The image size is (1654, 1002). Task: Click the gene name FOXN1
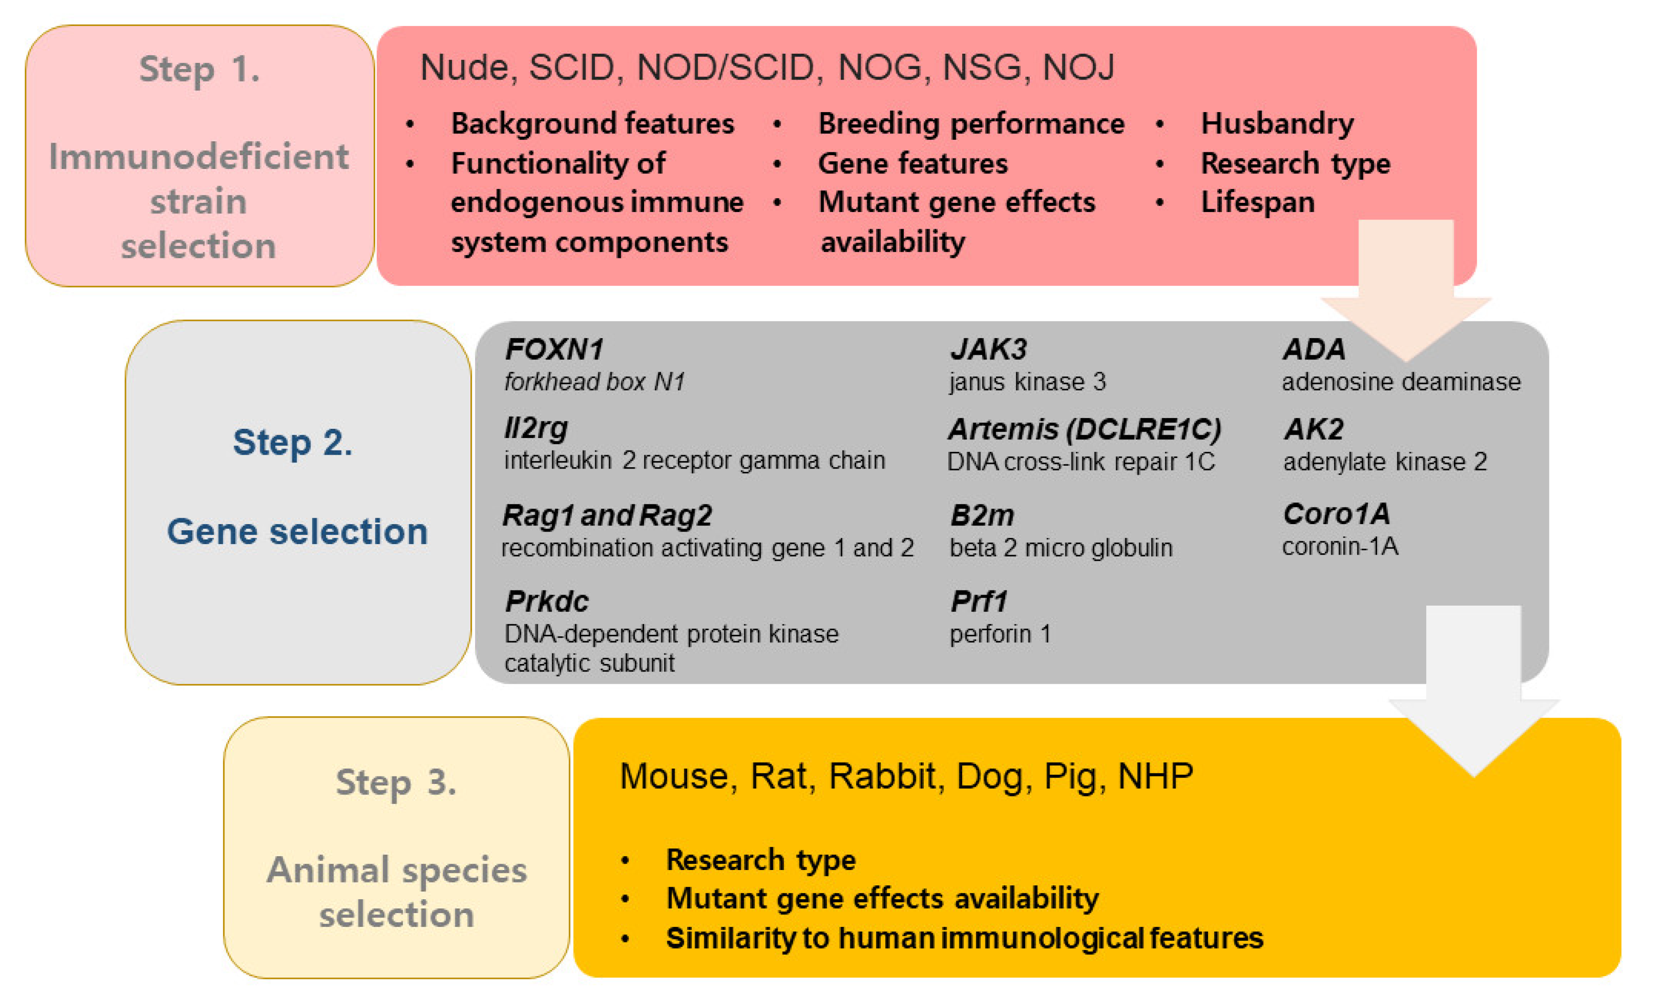tap(554, 349)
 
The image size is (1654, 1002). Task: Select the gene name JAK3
tap(988, 349)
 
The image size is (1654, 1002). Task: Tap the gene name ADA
tap(1314, 349)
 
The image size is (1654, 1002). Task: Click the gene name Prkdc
tap(546, 601)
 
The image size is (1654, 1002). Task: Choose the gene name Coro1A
tap(1336, 514)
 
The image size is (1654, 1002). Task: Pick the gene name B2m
tap(981, 515)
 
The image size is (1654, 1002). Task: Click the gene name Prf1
tap(979, 601)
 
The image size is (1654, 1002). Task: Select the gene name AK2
tap(1313, 429)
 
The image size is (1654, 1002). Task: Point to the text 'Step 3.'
tap(396, 782)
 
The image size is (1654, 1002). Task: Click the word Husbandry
tap(1277, 124)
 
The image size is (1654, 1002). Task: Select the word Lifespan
tap(1257, 202)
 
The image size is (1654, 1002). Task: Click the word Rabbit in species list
tap(882, 777)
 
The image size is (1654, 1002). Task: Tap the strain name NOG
tap(879, 68)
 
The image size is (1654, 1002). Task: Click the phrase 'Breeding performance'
tap(971, 124)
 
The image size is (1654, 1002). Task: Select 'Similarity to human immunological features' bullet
tap(964, 938)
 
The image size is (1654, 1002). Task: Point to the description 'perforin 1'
tap(1000, 634)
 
